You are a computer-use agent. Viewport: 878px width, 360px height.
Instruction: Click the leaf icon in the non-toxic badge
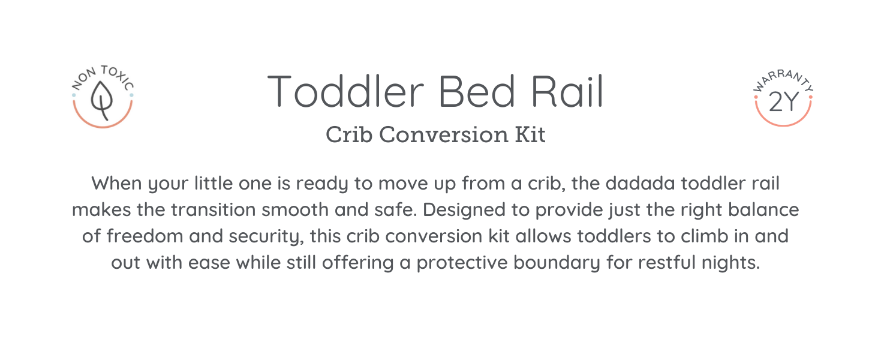point(102,100)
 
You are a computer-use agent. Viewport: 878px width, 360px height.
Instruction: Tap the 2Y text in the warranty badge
point(783,102)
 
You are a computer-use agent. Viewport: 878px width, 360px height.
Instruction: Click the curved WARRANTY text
point(783,81)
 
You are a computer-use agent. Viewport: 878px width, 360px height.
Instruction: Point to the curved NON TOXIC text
point(103,77)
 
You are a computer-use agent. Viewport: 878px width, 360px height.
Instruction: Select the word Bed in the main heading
point(476,91)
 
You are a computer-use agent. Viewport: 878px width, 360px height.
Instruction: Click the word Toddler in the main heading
point(345,91)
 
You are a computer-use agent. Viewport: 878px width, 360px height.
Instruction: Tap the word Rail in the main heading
point(567,91)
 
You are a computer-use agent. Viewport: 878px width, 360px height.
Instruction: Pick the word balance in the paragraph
point(763,210)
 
